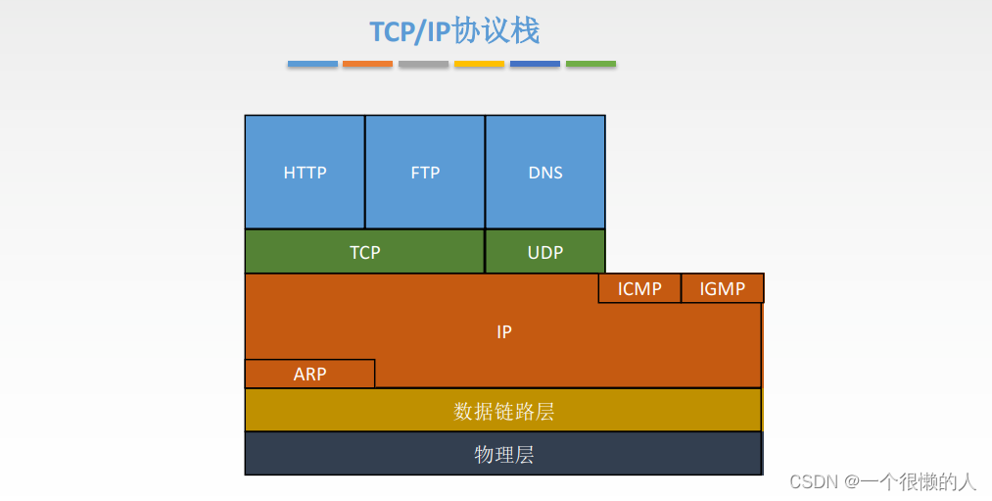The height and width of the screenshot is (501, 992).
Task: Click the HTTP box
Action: [x=305, y=172]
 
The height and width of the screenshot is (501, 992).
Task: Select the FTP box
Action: [x=425, y=172]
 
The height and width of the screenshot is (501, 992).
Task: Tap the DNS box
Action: [x=545, y=172]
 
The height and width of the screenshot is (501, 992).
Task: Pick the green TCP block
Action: [x=364, y=252]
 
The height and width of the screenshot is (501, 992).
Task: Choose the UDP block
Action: [x=545, y=252]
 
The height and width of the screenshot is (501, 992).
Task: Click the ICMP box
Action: [x=639, y=288]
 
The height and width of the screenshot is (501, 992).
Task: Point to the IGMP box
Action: [x=723, y=288]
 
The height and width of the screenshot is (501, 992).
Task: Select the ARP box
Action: [x=309, y=374]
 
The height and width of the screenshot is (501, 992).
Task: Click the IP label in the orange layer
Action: [x=504, y=332]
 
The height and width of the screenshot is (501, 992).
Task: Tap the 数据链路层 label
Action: [x=504, y=411]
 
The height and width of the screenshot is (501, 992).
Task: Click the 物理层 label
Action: [x=504, y=455]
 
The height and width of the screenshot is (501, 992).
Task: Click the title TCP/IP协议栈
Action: [x=454, y=31]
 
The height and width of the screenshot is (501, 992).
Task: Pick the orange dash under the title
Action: [x=367, y=64]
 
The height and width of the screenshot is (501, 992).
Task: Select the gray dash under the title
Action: [x=423, y=64]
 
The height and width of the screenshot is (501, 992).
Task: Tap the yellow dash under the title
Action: [x=479, y=64]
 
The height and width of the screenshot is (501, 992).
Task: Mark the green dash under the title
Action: [x=590, y=64]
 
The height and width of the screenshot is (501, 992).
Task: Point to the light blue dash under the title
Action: [x=312, y=64]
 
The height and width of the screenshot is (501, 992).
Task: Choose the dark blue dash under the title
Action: [x=535, y=64]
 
